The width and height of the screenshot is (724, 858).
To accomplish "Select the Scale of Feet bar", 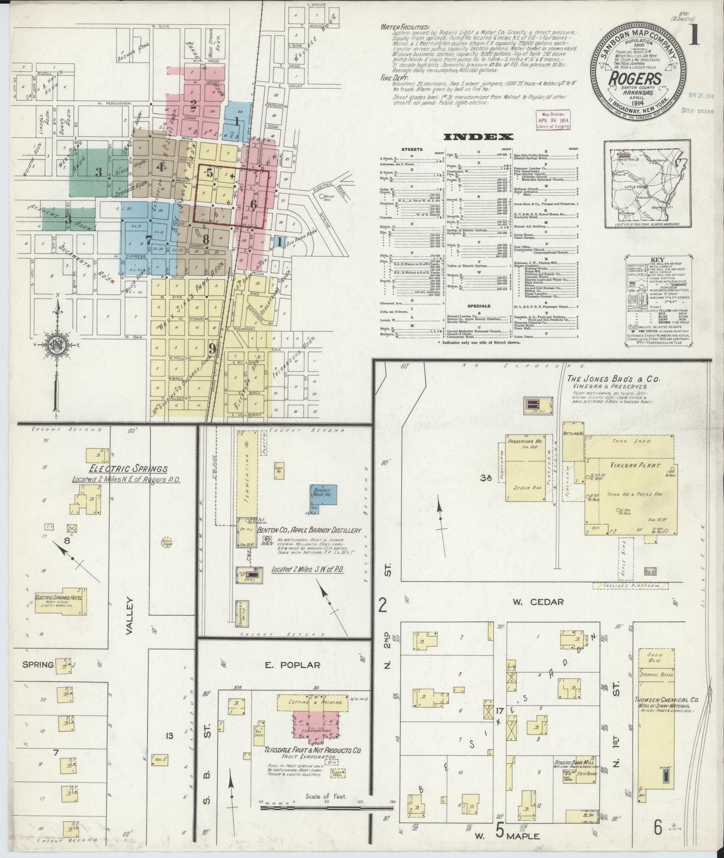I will coord(326,807).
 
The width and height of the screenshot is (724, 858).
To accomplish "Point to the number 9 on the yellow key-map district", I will coord(212,347).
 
